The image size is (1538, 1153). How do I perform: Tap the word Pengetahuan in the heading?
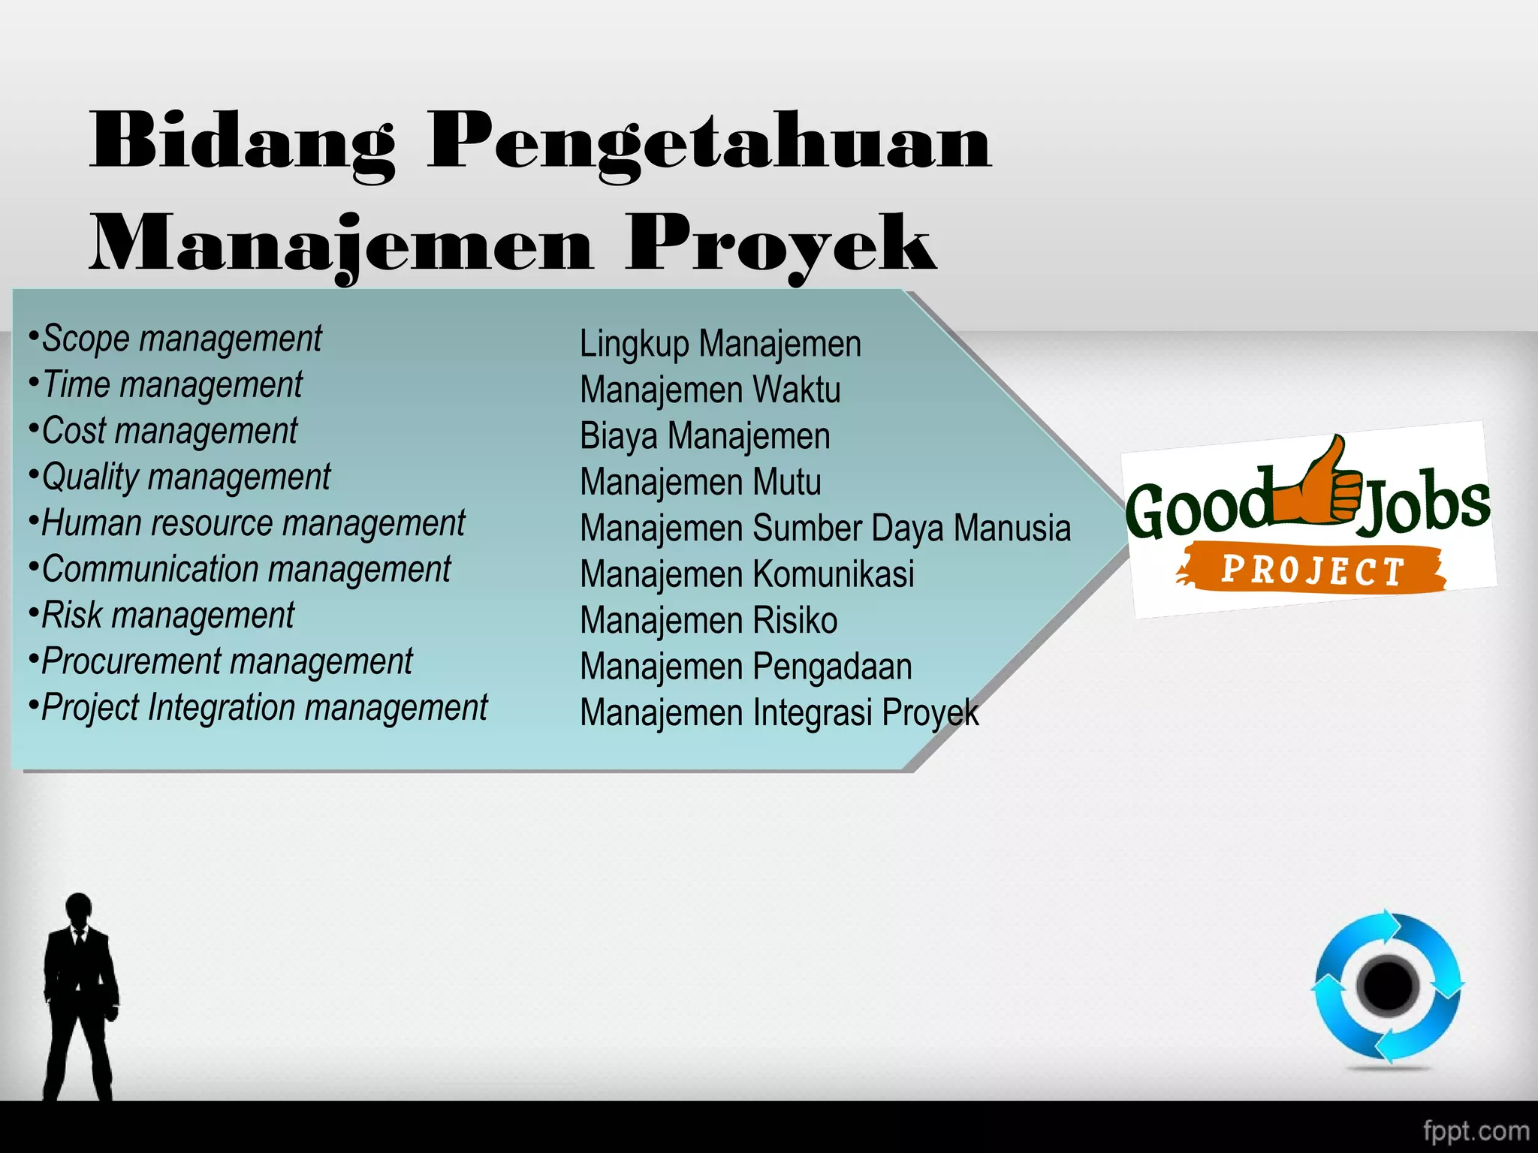click(710, 143)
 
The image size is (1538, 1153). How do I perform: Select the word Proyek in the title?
click(781, 244)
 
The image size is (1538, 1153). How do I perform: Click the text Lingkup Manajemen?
click(720, 344)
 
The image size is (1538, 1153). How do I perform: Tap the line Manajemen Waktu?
click(710, 390)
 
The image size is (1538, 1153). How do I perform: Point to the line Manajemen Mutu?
click(700, 482)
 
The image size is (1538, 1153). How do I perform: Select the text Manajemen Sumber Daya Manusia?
click(825, 528)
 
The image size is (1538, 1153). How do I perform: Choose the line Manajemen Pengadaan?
click(746, 667)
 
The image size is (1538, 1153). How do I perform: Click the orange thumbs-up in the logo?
click(1319, 485)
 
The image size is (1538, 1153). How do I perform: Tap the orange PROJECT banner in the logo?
click(1311, 570)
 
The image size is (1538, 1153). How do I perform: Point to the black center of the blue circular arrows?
click(1388, 985)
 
